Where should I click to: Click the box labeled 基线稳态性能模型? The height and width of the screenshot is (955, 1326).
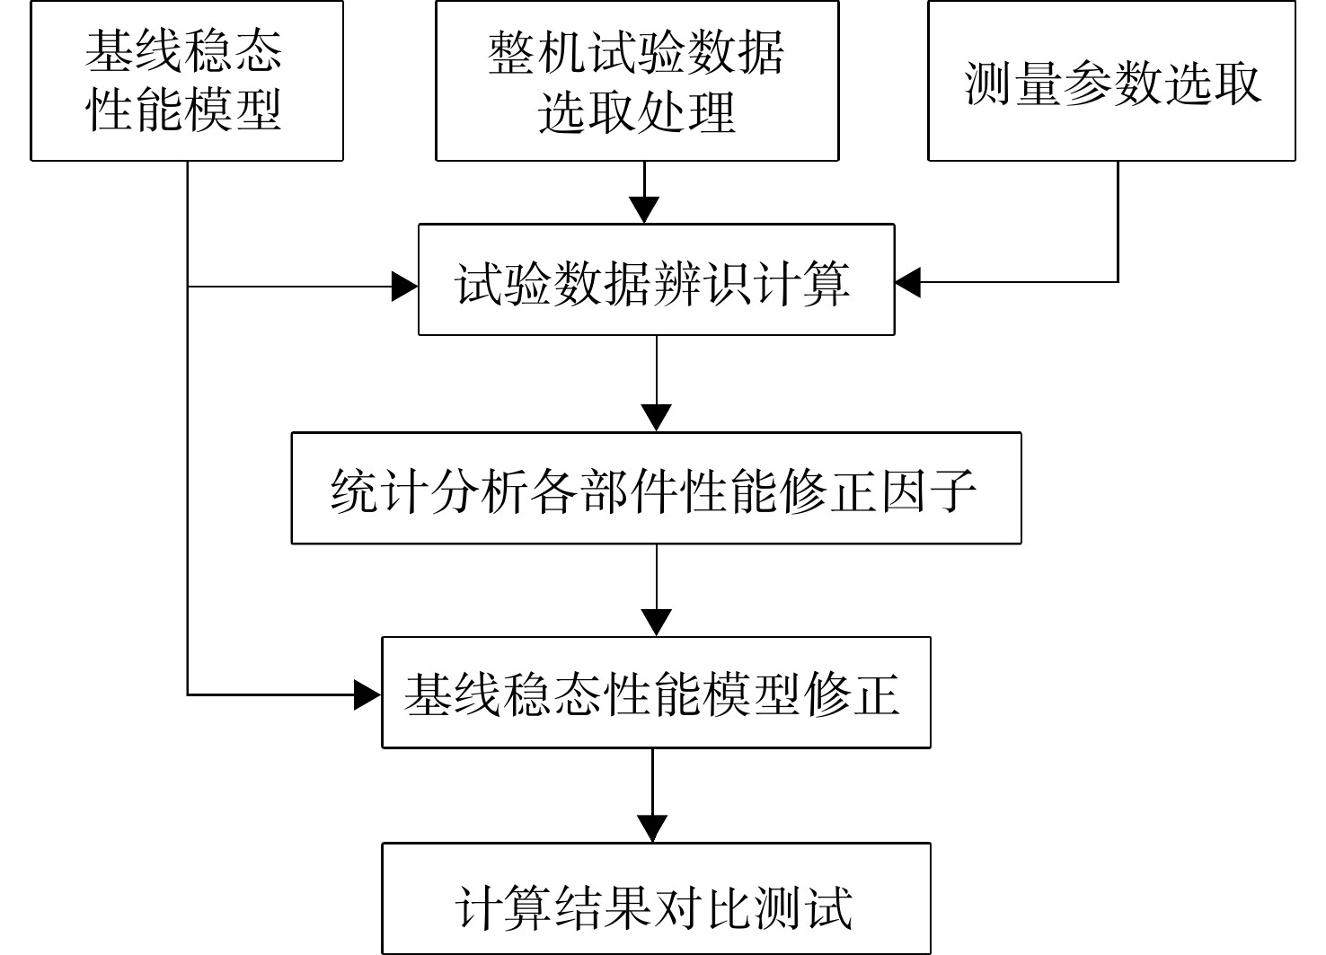187,81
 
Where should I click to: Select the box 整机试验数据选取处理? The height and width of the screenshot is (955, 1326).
637,81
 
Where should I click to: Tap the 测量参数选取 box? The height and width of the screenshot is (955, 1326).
1111,81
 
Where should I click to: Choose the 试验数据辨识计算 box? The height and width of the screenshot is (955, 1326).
656,279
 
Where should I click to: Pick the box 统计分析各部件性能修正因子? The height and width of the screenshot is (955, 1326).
656,489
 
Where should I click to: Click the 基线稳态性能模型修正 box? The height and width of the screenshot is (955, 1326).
656,693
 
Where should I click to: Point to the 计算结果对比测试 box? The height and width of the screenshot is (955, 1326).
656,898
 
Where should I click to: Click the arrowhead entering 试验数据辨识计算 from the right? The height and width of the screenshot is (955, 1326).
907,282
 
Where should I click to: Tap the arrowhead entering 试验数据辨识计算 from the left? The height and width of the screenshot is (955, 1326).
405,287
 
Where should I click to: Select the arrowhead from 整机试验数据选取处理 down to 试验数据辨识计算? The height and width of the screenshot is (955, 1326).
644,210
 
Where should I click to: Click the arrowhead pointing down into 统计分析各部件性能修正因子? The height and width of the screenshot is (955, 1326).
656,419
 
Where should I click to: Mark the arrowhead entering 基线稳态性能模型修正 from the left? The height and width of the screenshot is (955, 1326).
367,694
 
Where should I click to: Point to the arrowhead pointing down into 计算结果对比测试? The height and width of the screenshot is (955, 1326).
652,829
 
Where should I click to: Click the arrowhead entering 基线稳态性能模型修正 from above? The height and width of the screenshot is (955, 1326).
656,623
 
